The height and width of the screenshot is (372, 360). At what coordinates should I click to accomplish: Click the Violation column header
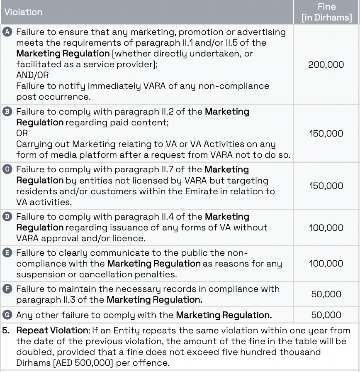23,12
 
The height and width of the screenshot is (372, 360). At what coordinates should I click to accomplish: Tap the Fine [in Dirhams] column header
326,12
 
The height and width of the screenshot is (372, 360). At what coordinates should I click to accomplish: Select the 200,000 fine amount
326,64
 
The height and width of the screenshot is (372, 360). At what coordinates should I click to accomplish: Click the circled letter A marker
8,32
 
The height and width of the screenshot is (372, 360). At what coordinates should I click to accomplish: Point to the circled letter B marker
8,112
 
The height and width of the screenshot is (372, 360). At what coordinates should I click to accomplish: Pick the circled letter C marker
8,170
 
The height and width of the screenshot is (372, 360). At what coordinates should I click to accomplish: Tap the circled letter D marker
8,217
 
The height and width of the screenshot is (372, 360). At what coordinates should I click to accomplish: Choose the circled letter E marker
8,253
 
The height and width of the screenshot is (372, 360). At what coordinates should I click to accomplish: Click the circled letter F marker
8,289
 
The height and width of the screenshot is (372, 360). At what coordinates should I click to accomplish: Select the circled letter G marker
8,315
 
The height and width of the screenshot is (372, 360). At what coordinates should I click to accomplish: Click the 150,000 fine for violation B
326,133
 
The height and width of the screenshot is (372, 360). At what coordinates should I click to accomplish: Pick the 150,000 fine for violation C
326,186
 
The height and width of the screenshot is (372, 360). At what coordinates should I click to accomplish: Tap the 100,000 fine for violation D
326,228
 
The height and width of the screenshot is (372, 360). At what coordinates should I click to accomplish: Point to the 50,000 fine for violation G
326,315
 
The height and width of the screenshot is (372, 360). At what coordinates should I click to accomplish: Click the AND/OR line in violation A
32,75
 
